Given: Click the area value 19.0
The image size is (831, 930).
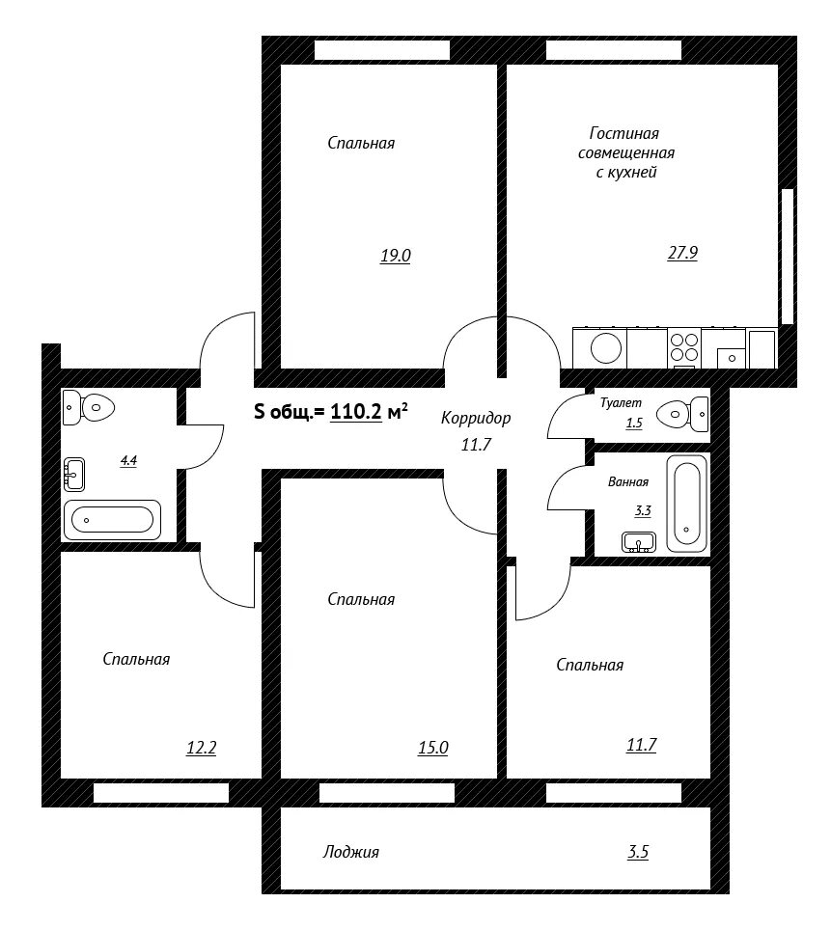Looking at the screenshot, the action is pyautogui.click(x=396, y=256).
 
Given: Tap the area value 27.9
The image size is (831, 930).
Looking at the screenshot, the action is pyautogui.click(x=682, y=253).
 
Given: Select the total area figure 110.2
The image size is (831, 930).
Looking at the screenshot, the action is pyautogui.click(x=355, y=411).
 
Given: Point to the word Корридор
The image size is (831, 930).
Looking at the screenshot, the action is pyautogui.click(x=476, y=419).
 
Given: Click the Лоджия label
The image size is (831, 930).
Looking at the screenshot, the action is pyautogui.click(x=350, y=852).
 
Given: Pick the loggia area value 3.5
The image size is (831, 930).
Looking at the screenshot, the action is pyautogui.click(x=638, y=852).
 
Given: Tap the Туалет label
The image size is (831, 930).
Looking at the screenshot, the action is pyautogui.click(x=621, y=402).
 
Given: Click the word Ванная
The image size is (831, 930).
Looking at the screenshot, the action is pyautogui.click(x=628, y=481).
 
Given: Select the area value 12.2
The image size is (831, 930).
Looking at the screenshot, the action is pyautogui.click(x=201, y=748).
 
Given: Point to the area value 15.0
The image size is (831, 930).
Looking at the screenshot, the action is pyautogui.click(x=432, y=748).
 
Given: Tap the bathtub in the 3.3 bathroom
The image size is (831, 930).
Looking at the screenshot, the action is pyautogui.click(x=687, y=504).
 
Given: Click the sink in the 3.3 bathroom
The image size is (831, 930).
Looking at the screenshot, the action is pyautogui.click(x=639, y=542).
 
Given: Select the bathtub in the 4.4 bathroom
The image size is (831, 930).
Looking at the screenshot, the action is pyautogui.click(x=112, y=520).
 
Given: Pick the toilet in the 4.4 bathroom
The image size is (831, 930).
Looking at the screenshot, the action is pyautogui.click(x=88, y=407).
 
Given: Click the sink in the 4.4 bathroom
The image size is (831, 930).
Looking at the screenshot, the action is pyautogui.click(x=73, y=475).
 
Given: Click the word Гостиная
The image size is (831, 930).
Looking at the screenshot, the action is pyautogui.click(x=623, y=133).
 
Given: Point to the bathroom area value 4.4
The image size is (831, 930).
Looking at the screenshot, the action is pyautogui.click(x=128, y=460).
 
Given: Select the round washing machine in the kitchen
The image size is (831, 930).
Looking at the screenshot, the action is pyautogui.click(x=606, y=348).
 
